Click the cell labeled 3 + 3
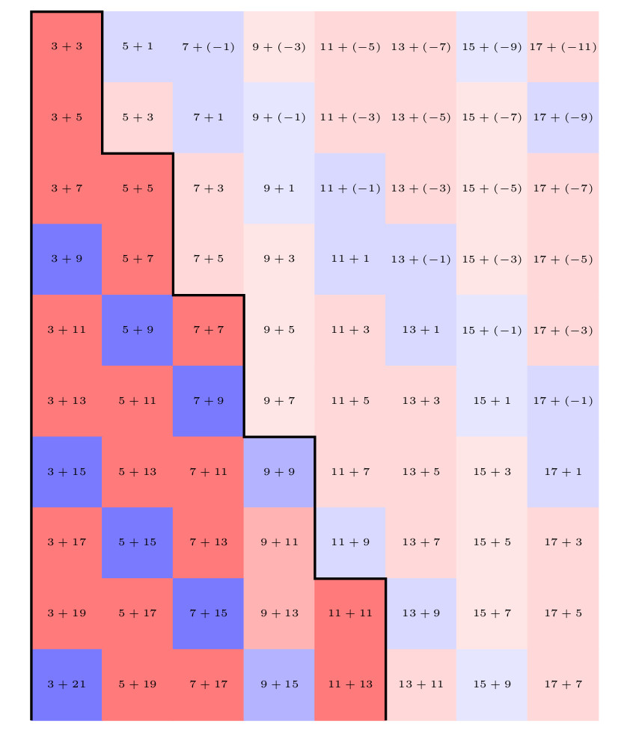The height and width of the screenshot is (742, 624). pyautogui.click(x=67, y=46)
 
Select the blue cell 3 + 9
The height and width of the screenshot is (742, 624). pyautogui.click(x=67, y=260)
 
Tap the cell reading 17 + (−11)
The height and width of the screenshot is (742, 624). pyautogui.click(x=563, y=46)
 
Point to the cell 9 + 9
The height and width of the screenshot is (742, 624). pyautogui.click(x=279, y=472)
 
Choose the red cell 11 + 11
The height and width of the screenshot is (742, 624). pyautogui.click(x=350, y=613)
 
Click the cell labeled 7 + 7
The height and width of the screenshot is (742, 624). pyautogui.click(x=208, y=330)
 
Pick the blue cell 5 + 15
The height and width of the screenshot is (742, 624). pyautogui.click(x=138, y=542)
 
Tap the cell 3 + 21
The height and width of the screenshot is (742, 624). pyautogui.click(x=67, y=684)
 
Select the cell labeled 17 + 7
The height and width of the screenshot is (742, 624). pyautogui.click(x=563, y=684)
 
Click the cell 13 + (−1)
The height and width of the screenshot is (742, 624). pyautogui.click(x=420, y=260)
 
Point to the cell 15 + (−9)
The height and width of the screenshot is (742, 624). pyautogui.click(x=492, y=46)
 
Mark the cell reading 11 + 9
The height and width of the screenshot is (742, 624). pyautogui.click(x=350, y=542)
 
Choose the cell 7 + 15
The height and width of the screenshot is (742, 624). pyautogui.click(x=208, y=613)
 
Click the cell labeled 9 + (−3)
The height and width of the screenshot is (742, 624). pyautogui.click(x=279, y=46)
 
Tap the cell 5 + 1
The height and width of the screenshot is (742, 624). pyautogui.click(x=138, y=46)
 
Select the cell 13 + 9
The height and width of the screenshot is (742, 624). pyautogui.click(x=420, y=613)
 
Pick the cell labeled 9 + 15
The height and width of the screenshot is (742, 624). pyautogui.click(x=279, y=684)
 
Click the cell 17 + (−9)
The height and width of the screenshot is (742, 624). pyautogui.click(x=563, y=117)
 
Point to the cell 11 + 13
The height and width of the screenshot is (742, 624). pyautogui.click(x=350, y=684)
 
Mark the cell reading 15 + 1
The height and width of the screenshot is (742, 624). pyautogui.click(x=492, y=401)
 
